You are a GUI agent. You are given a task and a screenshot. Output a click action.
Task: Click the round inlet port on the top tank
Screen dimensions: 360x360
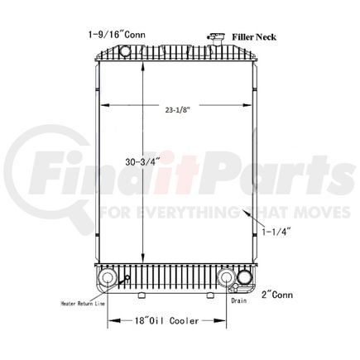point(126,52)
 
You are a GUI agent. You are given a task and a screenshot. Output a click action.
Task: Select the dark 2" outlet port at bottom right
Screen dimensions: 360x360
point(244,278)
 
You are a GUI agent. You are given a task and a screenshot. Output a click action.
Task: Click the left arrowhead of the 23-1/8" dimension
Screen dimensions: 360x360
point(99,105)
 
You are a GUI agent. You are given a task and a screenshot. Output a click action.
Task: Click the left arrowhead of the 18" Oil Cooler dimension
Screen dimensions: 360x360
point(111,319)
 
